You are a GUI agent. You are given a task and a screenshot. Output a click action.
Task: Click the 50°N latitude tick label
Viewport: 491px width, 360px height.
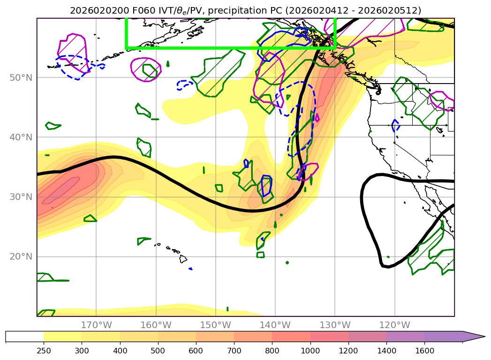click(x=22, y=77)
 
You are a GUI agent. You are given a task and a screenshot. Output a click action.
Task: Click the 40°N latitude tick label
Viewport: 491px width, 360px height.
click(x=22, y=137)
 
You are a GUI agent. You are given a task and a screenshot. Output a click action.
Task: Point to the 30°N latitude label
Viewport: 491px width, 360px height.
click(x=22, y=197)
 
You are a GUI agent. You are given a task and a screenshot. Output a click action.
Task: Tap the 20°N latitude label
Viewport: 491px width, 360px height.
click(x=22, y=257)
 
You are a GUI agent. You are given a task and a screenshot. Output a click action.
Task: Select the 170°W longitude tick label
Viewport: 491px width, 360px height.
click(x=96, y=325)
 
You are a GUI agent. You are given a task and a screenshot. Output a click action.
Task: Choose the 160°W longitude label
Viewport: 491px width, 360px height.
click(x=156, y=325)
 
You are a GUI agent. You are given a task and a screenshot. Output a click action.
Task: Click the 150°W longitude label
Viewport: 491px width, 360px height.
click(x=215, y=325)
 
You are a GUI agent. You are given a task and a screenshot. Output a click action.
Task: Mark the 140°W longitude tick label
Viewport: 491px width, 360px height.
click(x=275, y=325)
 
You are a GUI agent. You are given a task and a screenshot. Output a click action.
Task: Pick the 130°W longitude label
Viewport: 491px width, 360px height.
click(x=335, y=325)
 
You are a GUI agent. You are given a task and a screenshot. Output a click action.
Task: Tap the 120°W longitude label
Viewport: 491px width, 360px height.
click(x=394, y=325)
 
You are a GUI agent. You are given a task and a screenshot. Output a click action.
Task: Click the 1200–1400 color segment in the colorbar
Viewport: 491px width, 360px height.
click(x=367, y=337)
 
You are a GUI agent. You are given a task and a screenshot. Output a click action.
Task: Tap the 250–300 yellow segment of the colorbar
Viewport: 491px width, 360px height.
click(x=62, y=337)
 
